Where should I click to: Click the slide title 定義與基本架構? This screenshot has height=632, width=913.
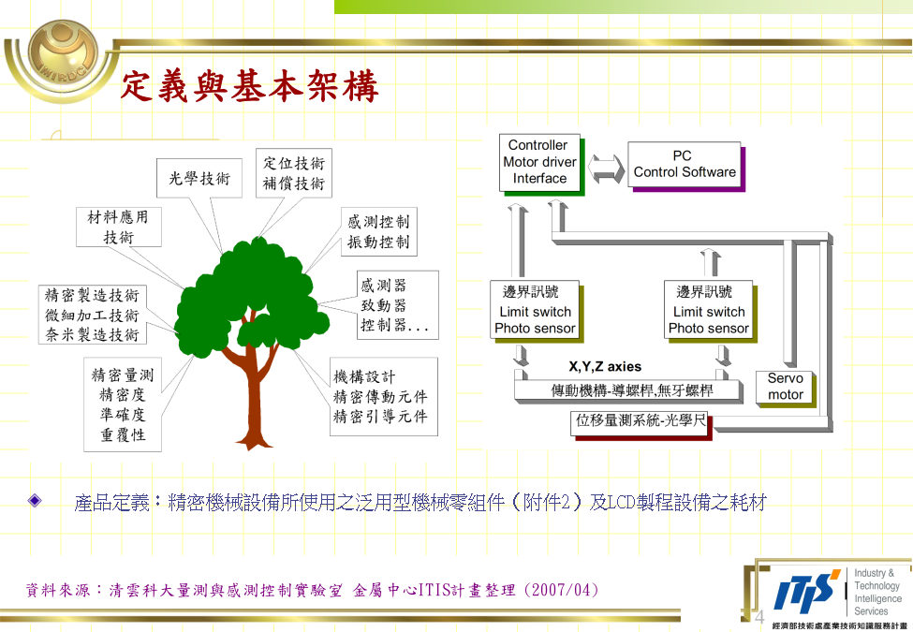[x=250, y=87]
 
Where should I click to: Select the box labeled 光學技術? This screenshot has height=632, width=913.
[x=199, y=178]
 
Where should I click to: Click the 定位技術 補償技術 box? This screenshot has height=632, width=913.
[x=293, y=173]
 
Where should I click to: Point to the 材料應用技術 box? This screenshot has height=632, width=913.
[x=118, y=227]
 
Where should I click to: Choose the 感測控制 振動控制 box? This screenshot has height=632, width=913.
[x=378, y=231]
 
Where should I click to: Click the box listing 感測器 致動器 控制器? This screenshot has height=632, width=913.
[x=398, y=305]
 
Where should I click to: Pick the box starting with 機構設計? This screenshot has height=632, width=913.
[x=384, y=396]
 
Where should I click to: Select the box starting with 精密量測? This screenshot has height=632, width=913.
[x=123, y=404]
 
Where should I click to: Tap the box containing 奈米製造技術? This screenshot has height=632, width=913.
[x=92, y=315]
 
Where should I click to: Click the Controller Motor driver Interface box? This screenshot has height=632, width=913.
[x=539, y=162]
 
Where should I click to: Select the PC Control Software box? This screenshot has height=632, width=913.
[x=685, y=165]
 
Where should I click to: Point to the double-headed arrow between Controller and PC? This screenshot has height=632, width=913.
[x=606, y=168]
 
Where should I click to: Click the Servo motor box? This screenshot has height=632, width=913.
[x=785, y=387]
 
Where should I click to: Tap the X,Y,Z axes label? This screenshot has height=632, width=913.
[x=605, y=367]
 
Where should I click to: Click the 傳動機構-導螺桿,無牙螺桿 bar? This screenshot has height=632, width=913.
[x=629, y=389]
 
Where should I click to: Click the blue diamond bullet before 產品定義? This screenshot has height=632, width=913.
[x=36, y=500]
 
